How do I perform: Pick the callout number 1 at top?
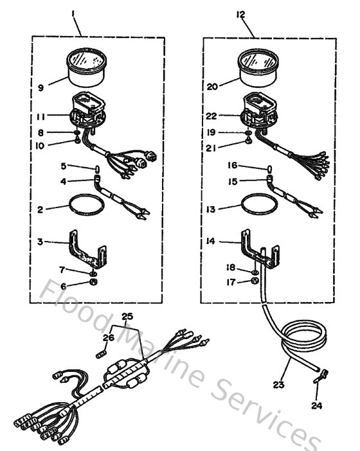76,13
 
